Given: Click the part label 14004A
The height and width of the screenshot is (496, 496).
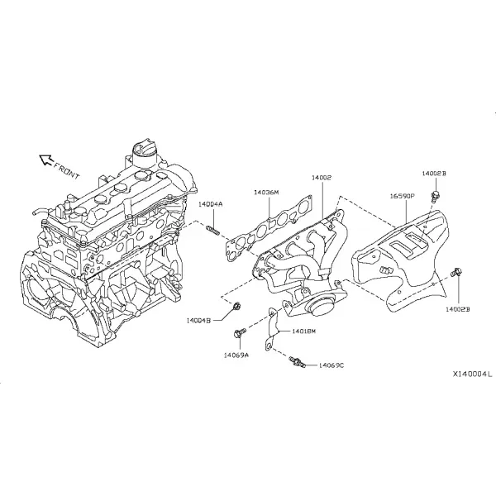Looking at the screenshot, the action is tap(210, 204).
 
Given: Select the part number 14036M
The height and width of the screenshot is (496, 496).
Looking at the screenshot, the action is tap(267, 193).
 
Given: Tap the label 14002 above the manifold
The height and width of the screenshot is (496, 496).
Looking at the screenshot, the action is tap(322, 178).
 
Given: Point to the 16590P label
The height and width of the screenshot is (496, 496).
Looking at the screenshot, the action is tap(402, 196).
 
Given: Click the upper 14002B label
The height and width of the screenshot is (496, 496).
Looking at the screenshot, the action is tap(434, 174).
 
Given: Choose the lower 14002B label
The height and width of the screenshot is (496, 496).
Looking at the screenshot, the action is tap(458, 309).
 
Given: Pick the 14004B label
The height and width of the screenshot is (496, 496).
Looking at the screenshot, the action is tap(198, 321).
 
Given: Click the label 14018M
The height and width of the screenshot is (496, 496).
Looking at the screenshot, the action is tap(303, 331).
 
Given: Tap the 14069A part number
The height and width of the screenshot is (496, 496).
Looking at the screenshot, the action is tap(236, 355).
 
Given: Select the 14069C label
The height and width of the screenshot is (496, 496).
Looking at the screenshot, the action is tap(331, 365).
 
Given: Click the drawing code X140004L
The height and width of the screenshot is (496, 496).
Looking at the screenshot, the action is tap(472, 374).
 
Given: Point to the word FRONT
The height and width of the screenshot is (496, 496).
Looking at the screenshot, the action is tap(66, 170).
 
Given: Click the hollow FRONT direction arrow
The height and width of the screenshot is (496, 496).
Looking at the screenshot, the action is tap(45, 160).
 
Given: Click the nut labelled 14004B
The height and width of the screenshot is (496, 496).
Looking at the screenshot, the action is tap(236, 306).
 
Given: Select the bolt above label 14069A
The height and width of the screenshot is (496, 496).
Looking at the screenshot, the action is tap(240, 333).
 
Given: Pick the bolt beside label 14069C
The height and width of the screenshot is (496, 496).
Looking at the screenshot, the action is tap(297, 362).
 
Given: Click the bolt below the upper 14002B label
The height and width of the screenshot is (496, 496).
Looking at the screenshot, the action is tap(436, 195).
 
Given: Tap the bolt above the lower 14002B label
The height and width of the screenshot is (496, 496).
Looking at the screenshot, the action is tap(457, 272).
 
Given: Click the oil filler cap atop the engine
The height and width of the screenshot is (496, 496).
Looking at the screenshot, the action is tap(144, 155).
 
